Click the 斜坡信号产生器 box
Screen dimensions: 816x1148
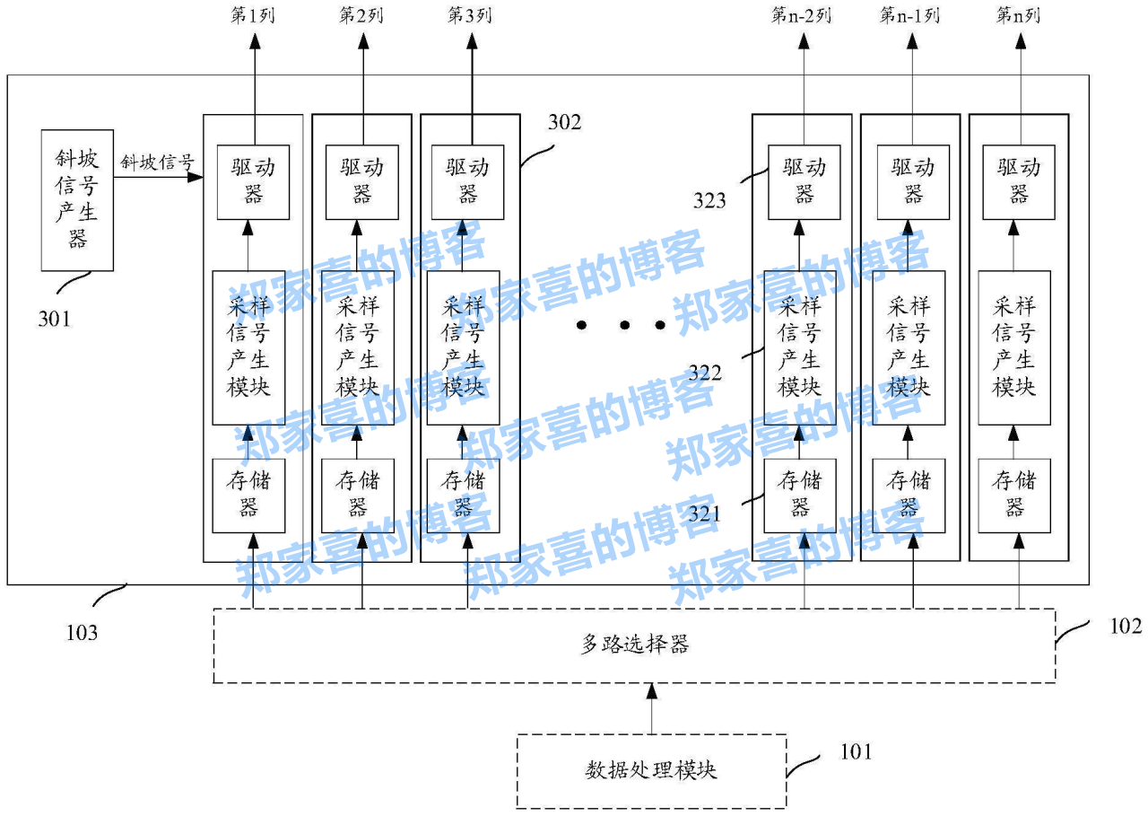click(77, 200)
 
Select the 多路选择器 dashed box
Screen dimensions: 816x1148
click(633, 645)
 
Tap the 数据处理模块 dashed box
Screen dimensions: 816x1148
click(651, 770)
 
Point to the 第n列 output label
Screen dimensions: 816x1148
click(1018, 16)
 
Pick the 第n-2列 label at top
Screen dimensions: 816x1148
click(801, 16)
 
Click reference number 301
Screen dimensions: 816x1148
click(54, 318)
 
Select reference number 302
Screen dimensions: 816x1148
click(564, 123)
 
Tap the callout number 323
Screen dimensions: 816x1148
click(709, 200)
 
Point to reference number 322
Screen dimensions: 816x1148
click(705, 373)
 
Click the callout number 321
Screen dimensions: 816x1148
click(705, 515)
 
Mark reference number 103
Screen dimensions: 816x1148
click(82, 633)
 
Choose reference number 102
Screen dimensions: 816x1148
click(1126, 626)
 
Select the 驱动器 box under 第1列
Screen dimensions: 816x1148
click(254, 181)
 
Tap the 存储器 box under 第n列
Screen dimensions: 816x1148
click(1014, 495)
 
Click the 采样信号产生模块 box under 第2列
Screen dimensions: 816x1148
click(358, 347)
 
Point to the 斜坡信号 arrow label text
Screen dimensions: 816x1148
click(157, 162)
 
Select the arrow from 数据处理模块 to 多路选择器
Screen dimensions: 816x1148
click(652, 708)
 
